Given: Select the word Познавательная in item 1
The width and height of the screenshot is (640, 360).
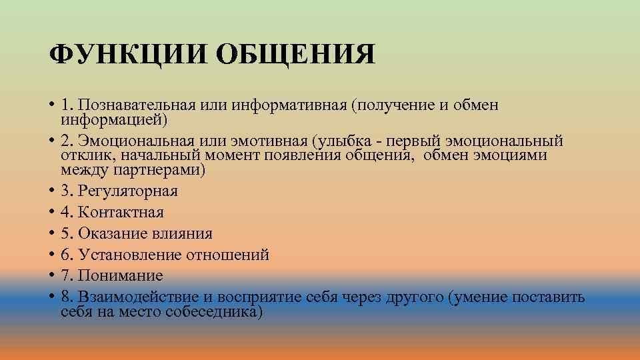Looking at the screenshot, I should click(133, 105).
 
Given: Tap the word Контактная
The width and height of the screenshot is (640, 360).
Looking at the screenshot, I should click(121, 213).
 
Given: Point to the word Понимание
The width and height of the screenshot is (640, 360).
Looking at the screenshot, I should click(121, 275).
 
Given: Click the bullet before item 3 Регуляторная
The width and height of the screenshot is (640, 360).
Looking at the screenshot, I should click(51, 191).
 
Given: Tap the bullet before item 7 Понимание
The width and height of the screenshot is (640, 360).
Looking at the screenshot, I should click(51, 275).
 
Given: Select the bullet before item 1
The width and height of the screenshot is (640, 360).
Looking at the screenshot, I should click(51, 105).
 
